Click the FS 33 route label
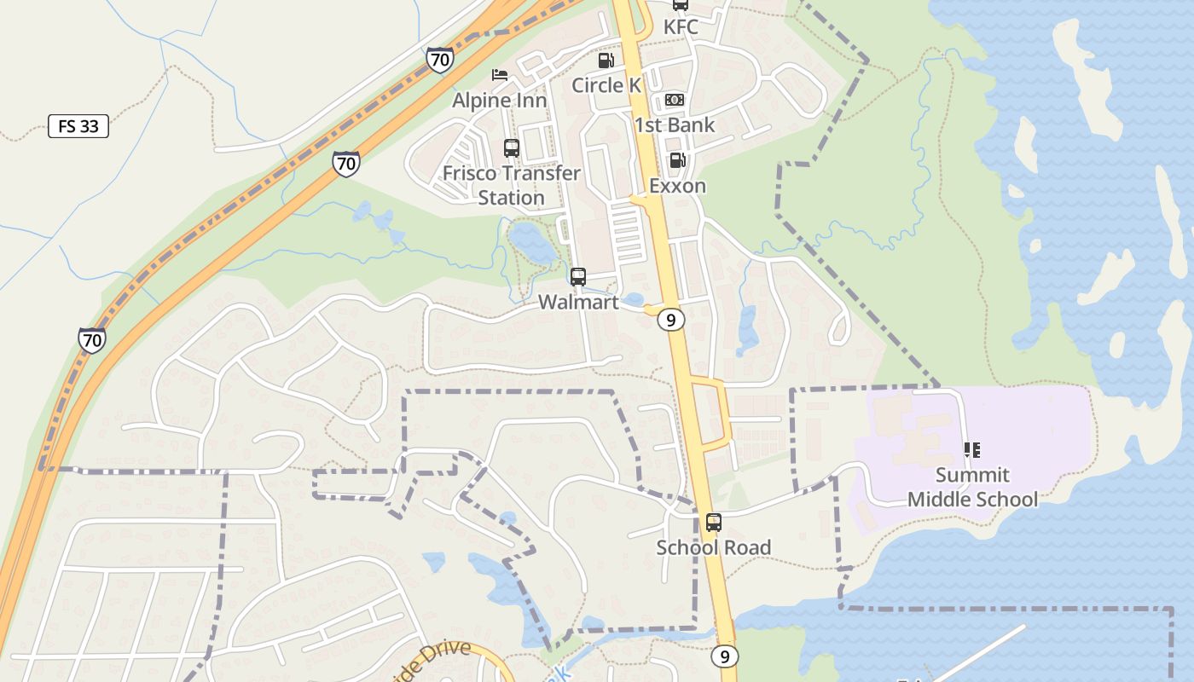tap(78, 127)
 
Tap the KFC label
tap(681, 27)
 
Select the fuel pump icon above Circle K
tap(606, 61)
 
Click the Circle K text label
tap(606, 85)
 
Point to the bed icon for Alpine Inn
tap(500, 76)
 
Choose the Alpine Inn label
tap(500, 101)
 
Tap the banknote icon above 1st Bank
tap(674, 101)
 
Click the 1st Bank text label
tap(674, 125)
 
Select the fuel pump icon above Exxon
tap(677, 160)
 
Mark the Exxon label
tap(677, 186)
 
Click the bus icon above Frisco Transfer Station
tap(512, 148)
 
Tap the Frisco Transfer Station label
tap(512, 185)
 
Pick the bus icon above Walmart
tap(578, 277)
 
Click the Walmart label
tap(578, 303)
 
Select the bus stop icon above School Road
tap(714, 523)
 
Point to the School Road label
tap(714, 547)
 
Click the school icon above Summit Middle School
tap(971, 450)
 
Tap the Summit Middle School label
tap(972, 487)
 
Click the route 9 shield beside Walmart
tap(672, 321)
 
